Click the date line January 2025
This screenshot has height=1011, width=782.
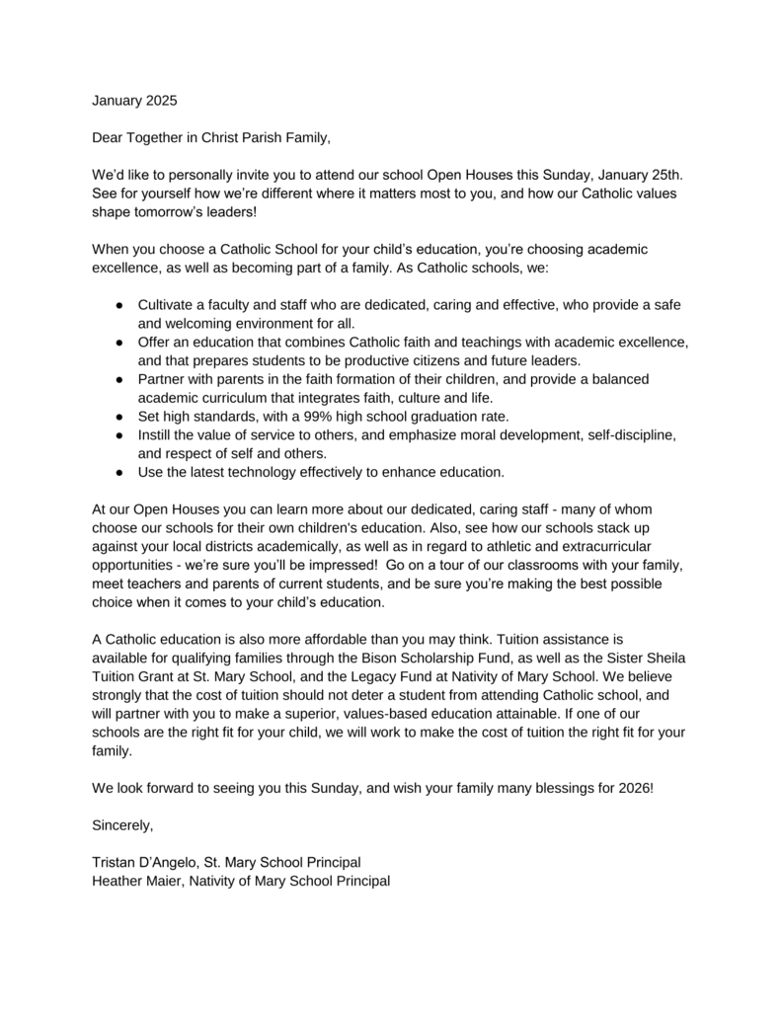tap(136, 100)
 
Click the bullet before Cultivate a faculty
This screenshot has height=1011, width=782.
tap(117, 304)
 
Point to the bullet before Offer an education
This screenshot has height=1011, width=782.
tap(117, 342)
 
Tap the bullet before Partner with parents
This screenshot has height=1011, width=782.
tap(117, 379)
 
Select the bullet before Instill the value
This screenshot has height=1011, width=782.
tap(117, 434)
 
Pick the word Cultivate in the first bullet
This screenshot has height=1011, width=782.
tap(169, 304)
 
